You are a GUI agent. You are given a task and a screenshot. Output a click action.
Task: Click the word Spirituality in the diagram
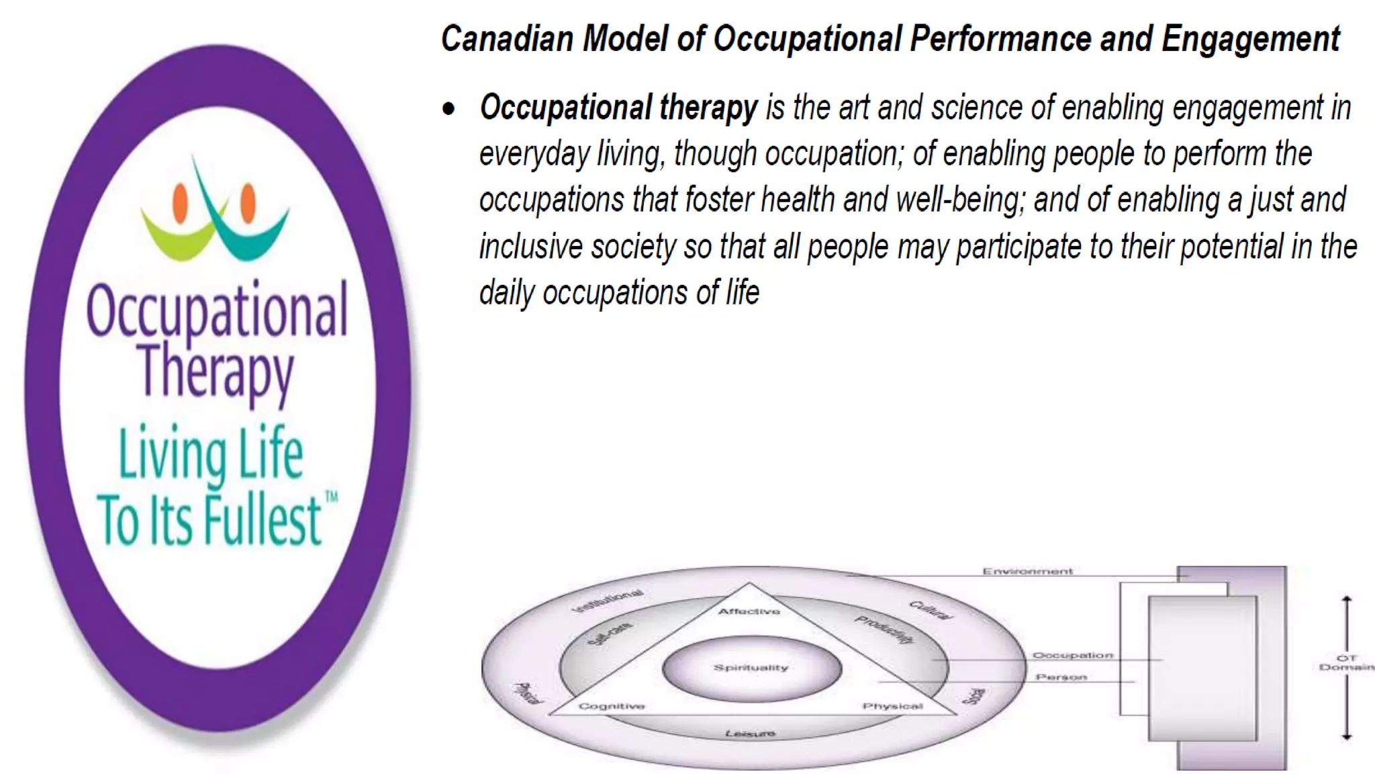pos(751,668)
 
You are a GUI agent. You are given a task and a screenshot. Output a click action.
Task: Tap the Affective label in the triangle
pos(749,611)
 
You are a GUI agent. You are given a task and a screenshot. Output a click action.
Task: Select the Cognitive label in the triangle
pos(612,706)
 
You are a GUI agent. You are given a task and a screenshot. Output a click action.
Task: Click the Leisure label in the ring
pos(750,733)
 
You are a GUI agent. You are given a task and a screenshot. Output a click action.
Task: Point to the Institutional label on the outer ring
pos(608,601)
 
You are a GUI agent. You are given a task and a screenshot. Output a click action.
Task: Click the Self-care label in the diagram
pos(610,634)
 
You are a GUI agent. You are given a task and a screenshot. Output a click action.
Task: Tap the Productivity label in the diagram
pos(885,630)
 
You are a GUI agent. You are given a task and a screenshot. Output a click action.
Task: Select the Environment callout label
pos(1027,572)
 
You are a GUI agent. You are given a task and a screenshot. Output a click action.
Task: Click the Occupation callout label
pos(1072,655)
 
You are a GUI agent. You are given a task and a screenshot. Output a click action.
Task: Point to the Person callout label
pos(1061,677)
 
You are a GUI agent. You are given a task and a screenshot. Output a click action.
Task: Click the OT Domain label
pos(1346,663)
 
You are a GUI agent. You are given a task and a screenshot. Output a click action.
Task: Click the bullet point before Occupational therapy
pos(448,109)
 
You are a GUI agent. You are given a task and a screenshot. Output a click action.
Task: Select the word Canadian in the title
pos(507,38)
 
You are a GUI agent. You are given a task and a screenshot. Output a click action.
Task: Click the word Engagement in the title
pos(1250,38)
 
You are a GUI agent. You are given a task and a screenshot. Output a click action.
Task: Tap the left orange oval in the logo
pos(180,203)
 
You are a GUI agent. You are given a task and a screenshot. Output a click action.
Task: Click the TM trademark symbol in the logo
pos(331,498)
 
